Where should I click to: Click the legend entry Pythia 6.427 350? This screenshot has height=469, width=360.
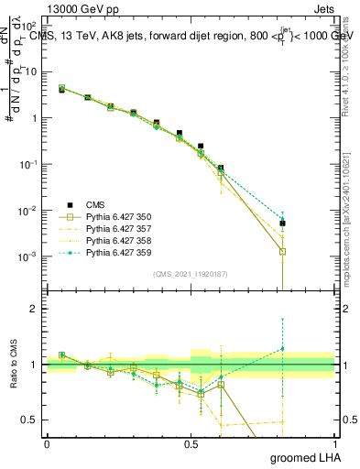[x=109, y=216]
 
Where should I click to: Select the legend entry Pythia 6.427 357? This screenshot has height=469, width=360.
[x=109, y=228]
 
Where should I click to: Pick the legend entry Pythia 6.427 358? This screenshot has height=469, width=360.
[x=109, y=240]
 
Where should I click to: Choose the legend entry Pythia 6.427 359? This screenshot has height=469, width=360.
[x=109, y=252]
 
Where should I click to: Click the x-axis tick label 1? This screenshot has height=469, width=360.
[x=335, y=444]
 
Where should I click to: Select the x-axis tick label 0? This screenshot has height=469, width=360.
[x=47, y=444]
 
